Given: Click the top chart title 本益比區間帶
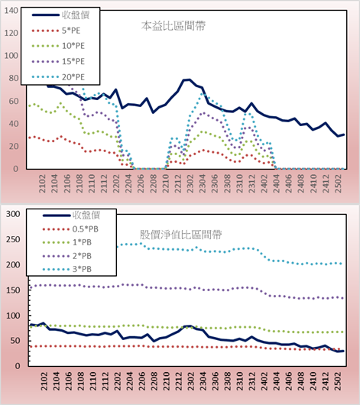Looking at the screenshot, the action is tap(174, 26).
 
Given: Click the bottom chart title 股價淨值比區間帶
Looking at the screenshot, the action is tap(180, 235).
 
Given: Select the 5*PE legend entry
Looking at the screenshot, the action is tap(56, 31).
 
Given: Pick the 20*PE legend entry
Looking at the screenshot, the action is tap(58, 77).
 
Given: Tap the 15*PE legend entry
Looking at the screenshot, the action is tap(58, 61).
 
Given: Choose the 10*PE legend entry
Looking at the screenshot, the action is tap(58, 46).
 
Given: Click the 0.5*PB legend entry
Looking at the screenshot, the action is tap(70, 229).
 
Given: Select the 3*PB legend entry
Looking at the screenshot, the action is tap(67, 269).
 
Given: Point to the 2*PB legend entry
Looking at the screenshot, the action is tap(67, 256).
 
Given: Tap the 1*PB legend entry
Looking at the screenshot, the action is tap(67, 242).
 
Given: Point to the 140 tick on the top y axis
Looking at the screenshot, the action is tap(11, 11).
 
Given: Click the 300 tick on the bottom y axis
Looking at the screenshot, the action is tap(13, 214).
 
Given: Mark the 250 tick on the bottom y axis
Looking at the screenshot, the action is tap(13, 239).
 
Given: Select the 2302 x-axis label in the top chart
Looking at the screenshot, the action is tap(190, 183).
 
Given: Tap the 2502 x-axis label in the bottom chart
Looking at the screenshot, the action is tap(338, 381).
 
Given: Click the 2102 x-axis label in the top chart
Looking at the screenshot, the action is tap(42, 183).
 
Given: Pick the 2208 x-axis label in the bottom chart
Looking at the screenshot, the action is tap(154, 381).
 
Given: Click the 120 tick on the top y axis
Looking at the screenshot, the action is tap(11, 33).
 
